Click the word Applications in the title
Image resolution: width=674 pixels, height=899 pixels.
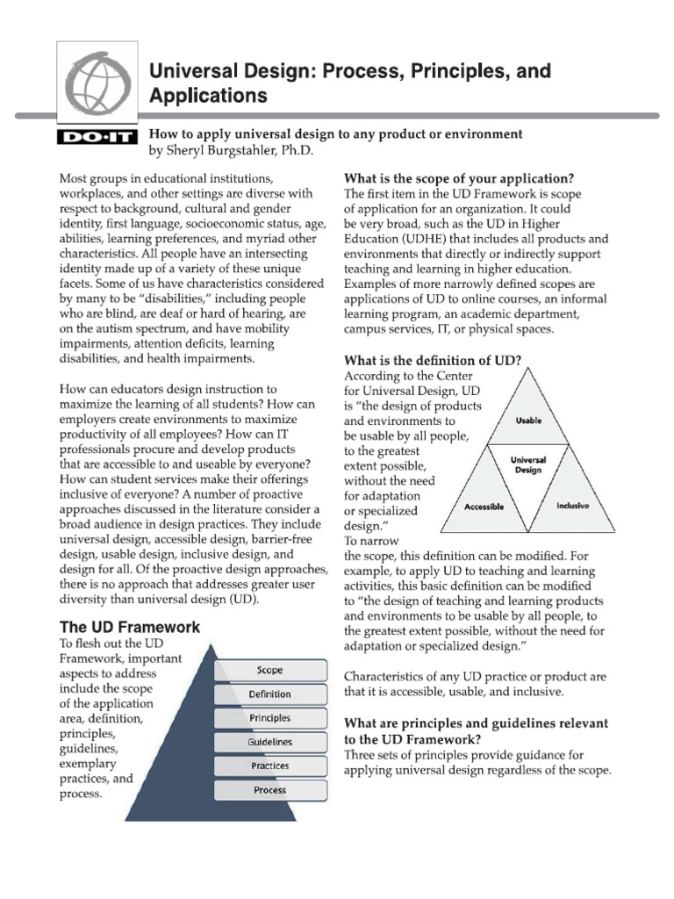coord(208,96)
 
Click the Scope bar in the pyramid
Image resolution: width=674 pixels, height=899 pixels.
coord(269,670)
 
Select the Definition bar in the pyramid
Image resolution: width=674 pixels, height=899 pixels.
coord(269,694)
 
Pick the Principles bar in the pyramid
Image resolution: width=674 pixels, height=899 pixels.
coord(269,717)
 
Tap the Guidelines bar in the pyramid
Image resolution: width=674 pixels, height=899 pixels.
coord(269,742)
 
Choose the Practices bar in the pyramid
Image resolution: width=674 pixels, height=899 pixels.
coord(269,766)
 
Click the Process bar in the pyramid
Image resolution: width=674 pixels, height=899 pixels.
coord(269,789)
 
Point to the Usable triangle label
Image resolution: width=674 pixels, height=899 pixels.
coord(527,421)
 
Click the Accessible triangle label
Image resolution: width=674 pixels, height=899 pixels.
coord(483,507)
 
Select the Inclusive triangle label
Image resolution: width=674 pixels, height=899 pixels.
coord(572,507)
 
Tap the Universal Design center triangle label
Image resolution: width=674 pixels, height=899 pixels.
coord(527,464)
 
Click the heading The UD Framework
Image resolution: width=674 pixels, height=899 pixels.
coord(129,627)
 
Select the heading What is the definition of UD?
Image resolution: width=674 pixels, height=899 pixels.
coord(433,360)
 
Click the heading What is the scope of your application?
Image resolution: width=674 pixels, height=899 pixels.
coord(459,178)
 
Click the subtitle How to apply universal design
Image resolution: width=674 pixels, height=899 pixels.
coord(335,133)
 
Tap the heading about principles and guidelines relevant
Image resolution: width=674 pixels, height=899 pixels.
coord(476,730)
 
